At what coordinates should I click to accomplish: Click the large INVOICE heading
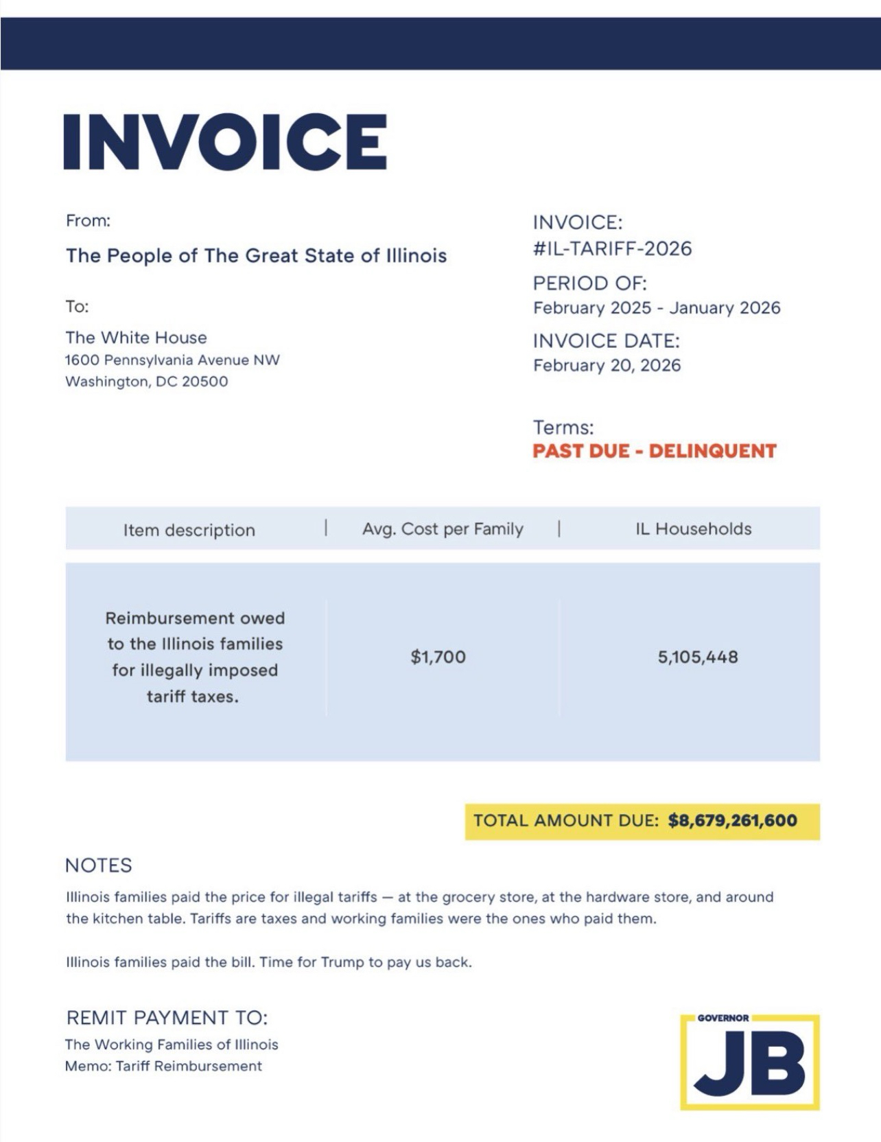point(225,141)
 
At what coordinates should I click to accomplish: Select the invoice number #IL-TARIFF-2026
point(612,248)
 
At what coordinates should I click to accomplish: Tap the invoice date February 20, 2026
point(607,365)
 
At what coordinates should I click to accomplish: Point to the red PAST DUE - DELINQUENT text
point(655,451)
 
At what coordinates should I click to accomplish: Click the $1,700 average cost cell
point(438,657)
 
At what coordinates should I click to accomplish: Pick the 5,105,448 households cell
point(698,657)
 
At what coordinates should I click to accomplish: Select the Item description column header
point(189,530)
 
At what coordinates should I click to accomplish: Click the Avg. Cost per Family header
point(443,529)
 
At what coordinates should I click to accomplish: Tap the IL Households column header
point(693,529)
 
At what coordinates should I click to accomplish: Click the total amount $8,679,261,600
point(732,821)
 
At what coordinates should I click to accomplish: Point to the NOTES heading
point(98,865)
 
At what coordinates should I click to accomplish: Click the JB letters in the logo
point(749,1067)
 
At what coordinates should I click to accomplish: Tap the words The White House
point(136,338)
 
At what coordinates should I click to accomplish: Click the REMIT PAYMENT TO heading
point(167,1017)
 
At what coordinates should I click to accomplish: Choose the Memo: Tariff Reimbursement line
point(163,1066)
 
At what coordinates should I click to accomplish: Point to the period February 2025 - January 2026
point(657,307)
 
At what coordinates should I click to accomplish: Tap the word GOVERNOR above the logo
point(723,1018)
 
